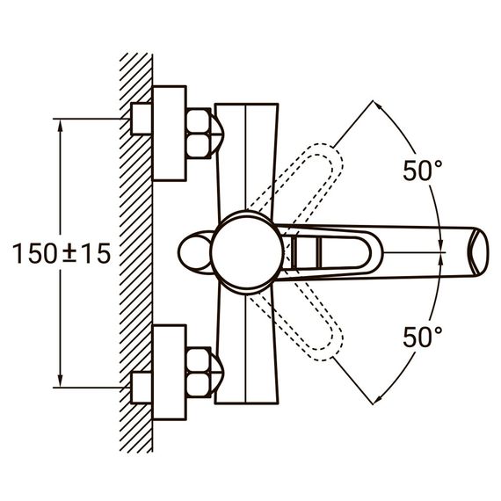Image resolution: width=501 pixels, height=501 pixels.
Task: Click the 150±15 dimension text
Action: click(x=62, y=253)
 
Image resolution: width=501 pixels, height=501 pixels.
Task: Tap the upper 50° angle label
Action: click(x=423, y=171)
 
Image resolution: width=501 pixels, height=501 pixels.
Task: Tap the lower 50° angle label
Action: click(x=423, y=338)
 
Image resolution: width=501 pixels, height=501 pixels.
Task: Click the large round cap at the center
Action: click(x=247, y=252)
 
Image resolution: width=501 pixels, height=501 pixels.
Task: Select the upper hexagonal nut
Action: click(x=199, y=134)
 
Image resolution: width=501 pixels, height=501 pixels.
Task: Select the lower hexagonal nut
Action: click(x=199, y=373)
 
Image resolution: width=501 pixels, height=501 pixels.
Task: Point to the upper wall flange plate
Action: click(x=170, y=134)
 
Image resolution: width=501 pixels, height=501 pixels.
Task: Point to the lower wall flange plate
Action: click(x=170, y=373)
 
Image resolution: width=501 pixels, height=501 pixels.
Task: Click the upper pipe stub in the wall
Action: click(x=142, y=119)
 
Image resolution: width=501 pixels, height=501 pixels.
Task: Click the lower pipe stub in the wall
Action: click(x=142, y=388)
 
